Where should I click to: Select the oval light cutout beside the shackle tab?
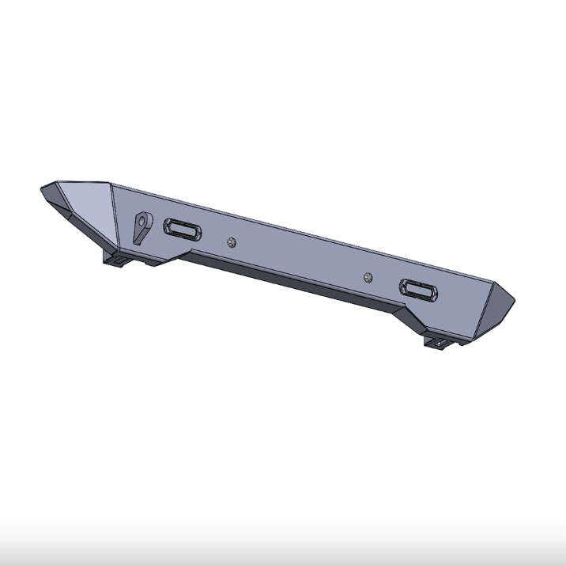point(182,230)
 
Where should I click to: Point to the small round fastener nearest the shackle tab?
point(230,242)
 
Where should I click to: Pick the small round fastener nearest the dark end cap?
point(368,276)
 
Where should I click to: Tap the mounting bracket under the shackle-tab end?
point(116,260)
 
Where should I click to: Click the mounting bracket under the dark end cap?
point(439,342)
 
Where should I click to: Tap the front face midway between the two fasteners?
point(299,253)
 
